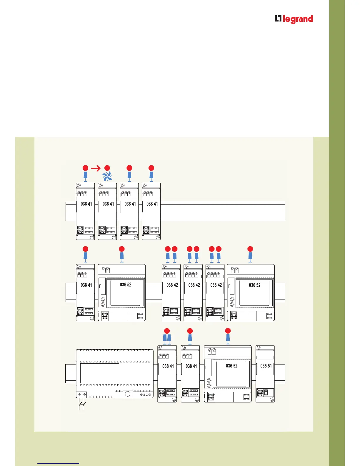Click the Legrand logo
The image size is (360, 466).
tap(294, 19)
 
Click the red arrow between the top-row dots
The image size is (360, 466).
tap(96, 168)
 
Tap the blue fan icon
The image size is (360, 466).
tap(107, 177)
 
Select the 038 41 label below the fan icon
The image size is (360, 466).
tap(108, 204)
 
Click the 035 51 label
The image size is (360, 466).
tap(266, 366)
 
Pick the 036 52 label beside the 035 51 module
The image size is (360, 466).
tap(231, 366)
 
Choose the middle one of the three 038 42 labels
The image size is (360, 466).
tap(194, 285)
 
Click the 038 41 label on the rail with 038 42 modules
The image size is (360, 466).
tap(86, 285)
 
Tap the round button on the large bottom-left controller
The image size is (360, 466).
tap(128, 394)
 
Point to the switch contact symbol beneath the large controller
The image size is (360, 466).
tap(82, 405)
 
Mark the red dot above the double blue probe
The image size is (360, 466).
tap(167, 330)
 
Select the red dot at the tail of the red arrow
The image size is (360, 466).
tap(85, 168)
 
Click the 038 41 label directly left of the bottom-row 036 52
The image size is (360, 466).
tap(191, 366)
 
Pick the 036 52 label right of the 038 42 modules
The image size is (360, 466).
tap(254, 285)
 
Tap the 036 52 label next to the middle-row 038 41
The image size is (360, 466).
tap(126, 284)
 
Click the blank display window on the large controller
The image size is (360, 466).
tap(99, 373)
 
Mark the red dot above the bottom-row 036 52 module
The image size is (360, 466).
tap(228, 331)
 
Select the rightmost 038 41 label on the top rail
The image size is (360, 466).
tap(152, 204)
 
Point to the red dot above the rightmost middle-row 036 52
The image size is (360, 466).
tap(250, 249)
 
